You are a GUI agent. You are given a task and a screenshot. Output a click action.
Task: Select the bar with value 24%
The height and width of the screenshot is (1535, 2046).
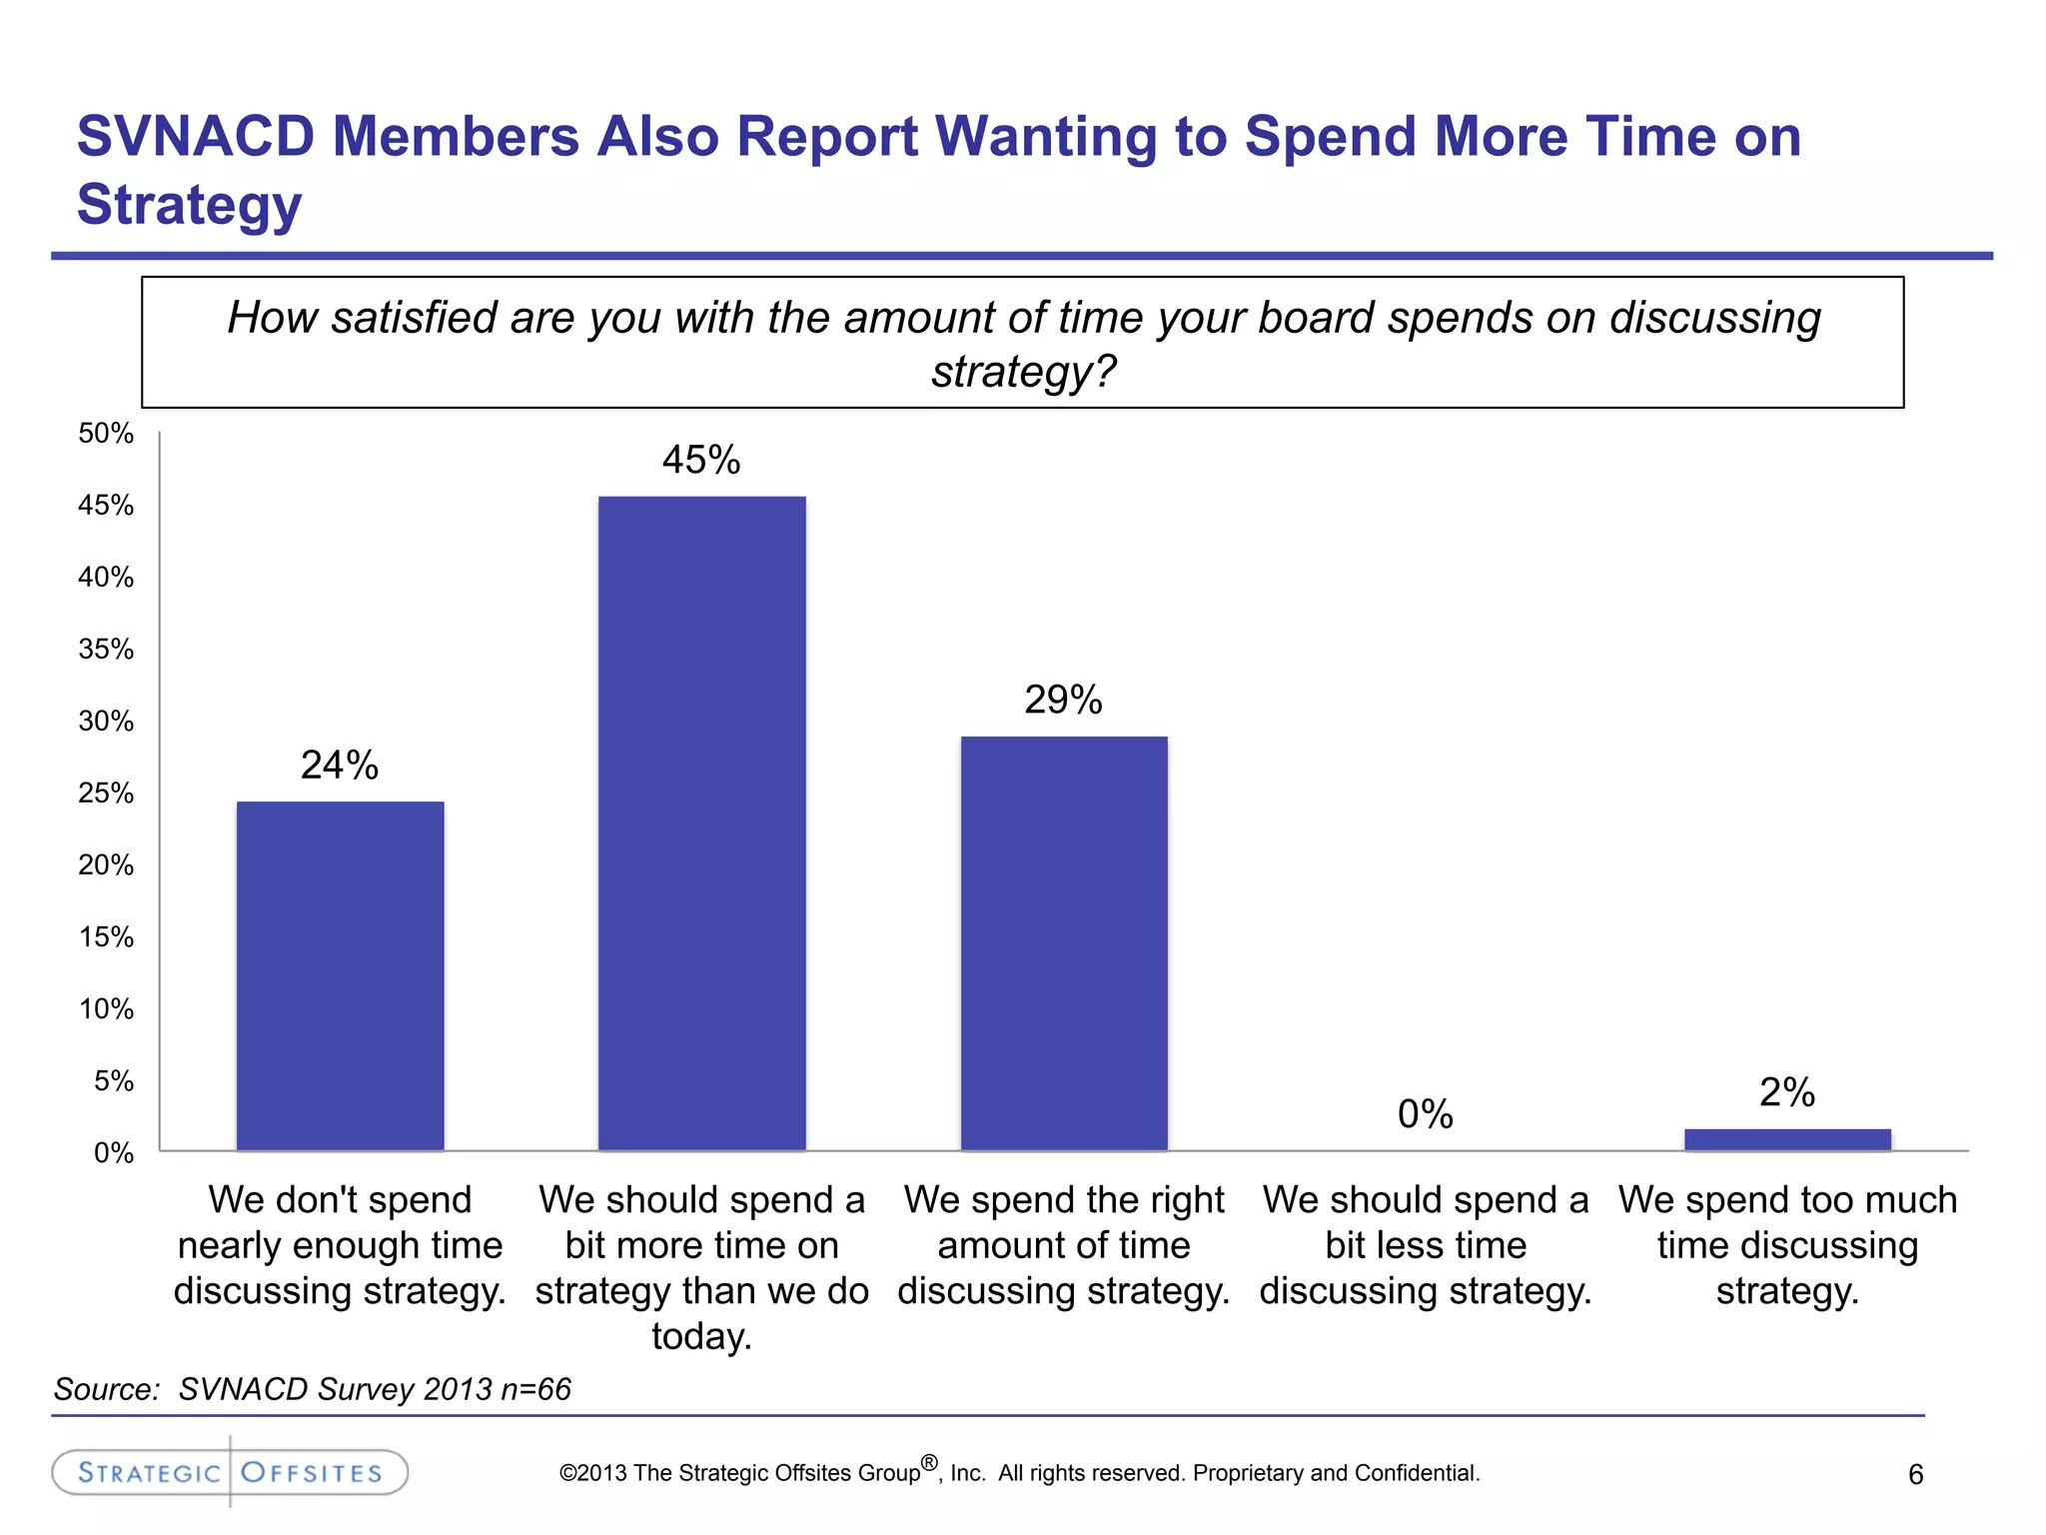point(340,975)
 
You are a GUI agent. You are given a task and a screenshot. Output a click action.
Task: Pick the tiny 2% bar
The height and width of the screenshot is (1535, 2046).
point(1786,1139)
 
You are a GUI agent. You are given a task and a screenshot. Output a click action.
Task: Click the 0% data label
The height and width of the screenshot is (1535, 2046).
point(1425,1114)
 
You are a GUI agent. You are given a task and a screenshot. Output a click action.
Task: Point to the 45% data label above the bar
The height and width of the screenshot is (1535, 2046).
point(701,460)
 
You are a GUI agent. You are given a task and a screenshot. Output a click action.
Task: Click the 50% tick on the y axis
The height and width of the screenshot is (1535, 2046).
point(106,434)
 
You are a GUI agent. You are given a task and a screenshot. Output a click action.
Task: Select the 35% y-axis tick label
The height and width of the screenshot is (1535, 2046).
point(106,650)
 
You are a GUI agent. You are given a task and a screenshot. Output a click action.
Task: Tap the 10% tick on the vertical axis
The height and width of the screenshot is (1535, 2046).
point(106,1009)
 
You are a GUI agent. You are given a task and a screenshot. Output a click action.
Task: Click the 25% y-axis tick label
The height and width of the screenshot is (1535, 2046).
point(106,793)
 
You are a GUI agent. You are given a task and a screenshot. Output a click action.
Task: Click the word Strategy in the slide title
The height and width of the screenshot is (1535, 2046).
point(189,205)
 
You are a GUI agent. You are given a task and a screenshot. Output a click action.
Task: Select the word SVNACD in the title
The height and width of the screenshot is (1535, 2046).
point(196,136)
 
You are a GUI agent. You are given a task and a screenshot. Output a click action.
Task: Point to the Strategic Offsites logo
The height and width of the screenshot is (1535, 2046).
point(230,1472)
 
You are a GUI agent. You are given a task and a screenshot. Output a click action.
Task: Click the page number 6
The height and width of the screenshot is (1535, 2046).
point(1915,1474)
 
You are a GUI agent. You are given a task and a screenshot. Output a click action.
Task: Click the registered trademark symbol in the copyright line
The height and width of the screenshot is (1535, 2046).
point(929,1463)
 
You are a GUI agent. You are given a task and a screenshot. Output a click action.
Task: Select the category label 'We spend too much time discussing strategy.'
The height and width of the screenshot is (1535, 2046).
point(1786,1245)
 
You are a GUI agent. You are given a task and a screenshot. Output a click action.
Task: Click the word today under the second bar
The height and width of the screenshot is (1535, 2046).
point(701,1336)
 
